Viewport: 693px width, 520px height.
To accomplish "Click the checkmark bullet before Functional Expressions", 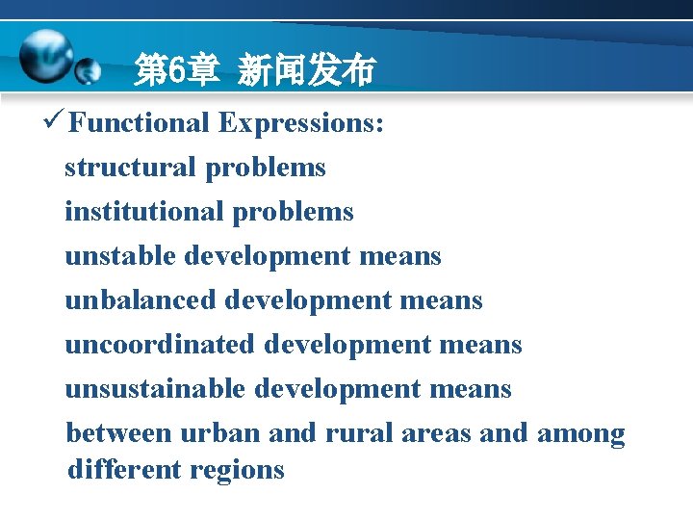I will [x=54, y=122].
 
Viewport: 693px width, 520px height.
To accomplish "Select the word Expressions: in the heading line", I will [x=301, y=123].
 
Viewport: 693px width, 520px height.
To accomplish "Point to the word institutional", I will [x=143, y=212].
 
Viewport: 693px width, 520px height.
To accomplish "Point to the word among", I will [x=580, y=433].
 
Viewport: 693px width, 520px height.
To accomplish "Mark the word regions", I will [x=237, y=471].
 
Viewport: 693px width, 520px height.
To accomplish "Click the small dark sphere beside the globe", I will [x=88, y=70].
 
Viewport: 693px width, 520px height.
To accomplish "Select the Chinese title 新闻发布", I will [x=305, y=70].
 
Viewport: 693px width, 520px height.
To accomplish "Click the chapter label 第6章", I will [x=177, y=70].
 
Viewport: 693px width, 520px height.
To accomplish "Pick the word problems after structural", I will [x=265, y=168].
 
